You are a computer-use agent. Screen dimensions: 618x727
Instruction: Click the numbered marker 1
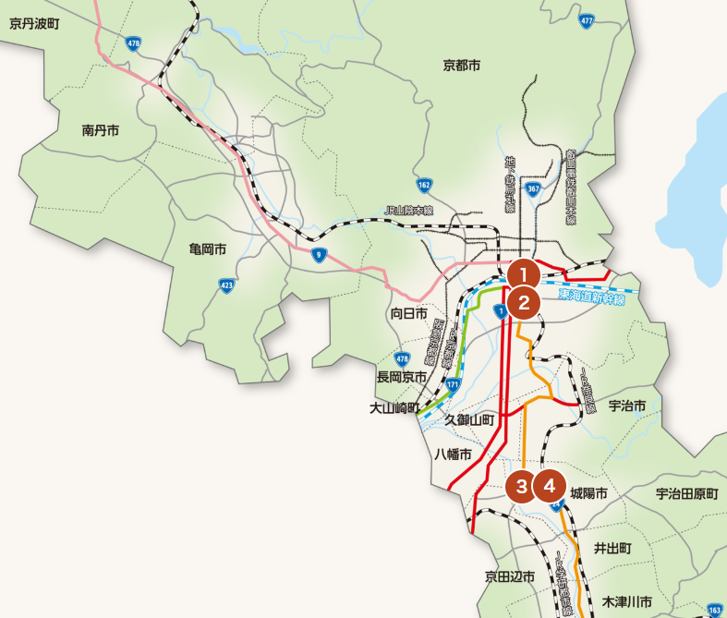[524, 274]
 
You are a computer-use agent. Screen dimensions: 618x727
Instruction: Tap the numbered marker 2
[524, 302]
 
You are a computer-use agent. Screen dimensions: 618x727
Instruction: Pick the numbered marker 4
[550, 484]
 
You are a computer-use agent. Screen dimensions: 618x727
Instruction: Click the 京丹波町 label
[34, 23]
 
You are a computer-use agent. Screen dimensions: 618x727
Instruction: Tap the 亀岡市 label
[208, 249]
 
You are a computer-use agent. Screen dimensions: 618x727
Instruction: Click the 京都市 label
[462, 66]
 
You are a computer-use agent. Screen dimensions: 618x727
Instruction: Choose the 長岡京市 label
[402, 377]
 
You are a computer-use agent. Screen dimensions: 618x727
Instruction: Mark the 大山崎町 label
[394, 407]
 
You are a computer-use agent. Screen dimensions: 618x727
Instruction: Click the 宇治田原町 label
[686, 494]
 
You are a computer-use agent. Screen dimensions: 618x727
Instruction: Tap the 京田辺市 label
[511, 577]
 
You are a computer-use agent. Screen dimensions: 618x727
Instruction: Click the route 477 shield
[586, 20]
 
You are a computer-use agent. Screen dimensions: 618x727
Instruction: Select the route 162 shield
[424, 185]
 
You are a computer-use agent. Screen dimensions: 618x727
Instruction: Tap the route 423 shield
[226, 286]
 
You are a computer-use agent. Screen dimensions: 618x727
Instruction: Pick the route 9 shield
[318, 255]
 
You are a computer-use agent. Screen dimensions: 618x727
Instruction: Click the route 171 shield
[453, 382]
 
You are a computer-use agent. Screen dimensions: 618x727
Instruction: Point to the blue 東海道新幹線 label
[591, 297]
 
